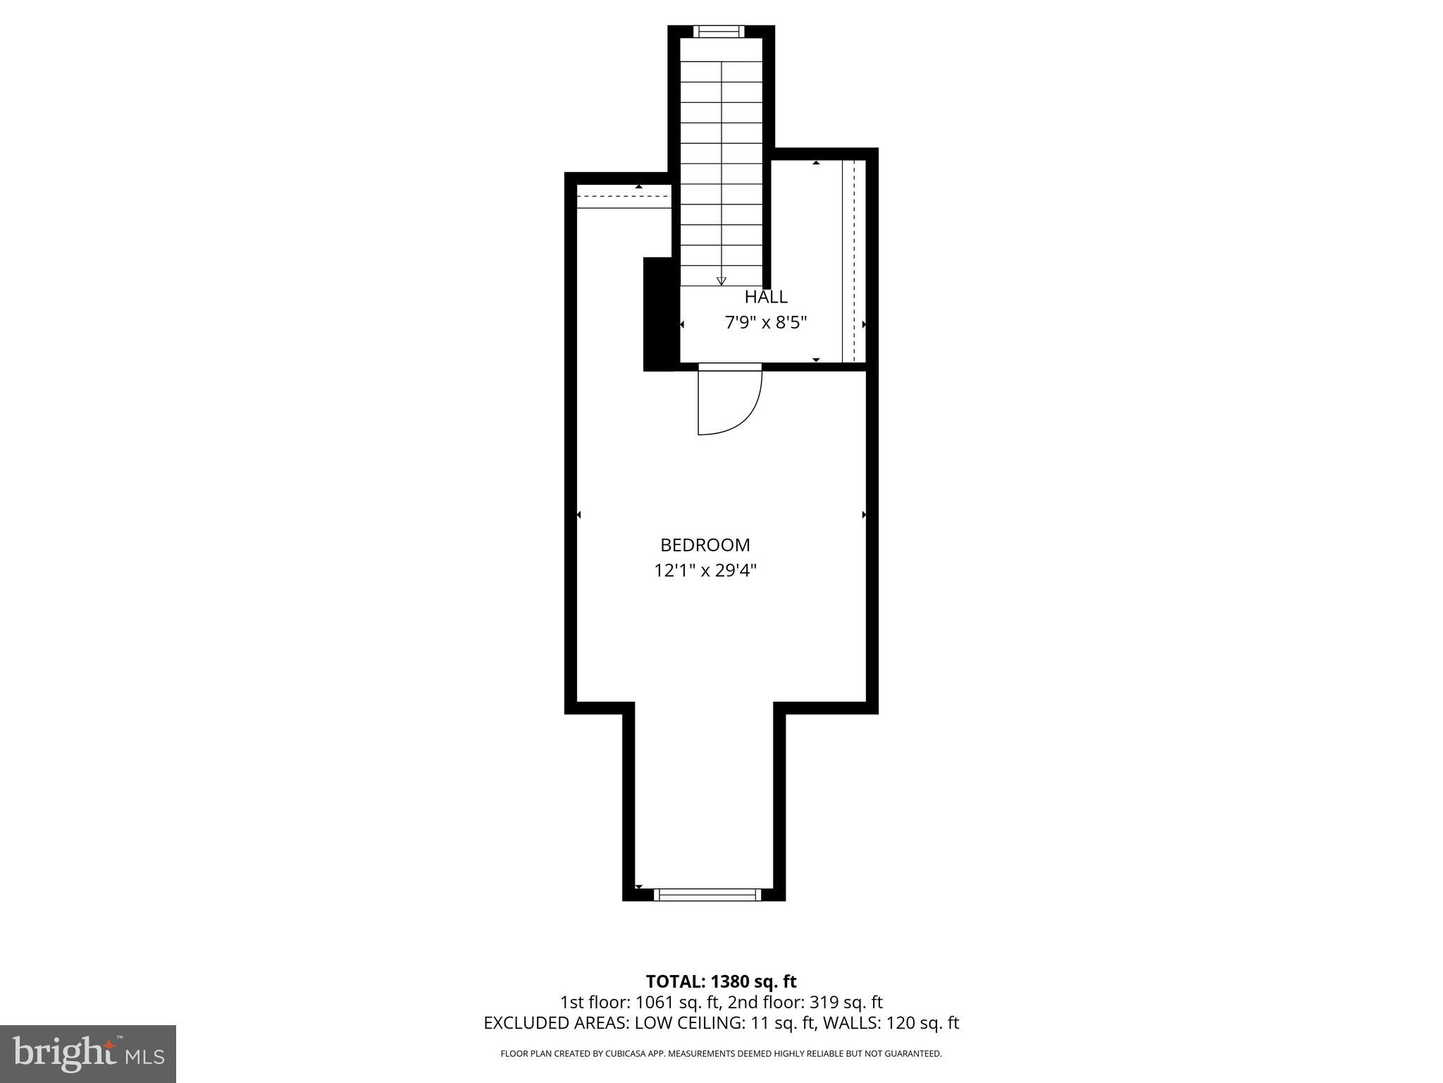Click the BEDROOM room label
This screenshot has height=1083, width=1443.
pos(705,545)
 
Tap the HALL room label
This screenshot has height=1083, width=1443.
pos(766,297)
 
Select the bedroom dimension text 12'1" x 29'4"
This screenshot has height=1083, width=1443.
pos(705,570)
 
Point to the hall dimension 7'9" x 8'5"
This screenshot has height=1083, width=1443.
pos(766,323)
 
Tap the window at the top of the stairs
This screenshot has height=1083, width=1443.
pos(718,31)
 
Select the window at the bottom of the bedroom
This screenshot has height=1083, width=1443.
pos(707,895)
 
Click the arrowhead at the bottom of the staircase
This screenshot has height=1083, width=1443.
pos(721,281)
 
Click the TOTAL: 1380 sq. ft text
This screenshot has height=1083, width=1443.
pos(721,981)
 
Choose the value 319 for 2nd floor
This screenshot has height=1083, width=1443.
pos(822,1002)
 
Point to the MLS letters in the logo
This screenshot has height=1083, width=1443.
pos(144,1057)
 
